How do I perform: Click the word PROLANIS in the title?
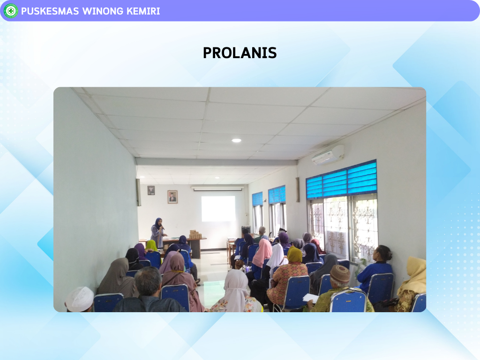point(240,53)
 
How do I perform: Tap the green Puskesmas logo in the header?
point(11,11)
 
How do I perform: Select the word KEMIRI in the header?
point(143,11)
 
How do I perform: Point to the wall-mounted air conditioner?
point(328,155)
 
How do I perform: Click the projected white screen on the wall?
point(218,209)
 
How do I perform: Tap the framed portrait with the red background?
point(172,197)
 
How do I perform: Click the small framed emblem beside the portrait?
point(151,190)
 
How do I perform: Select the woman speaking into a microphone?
point(157,232)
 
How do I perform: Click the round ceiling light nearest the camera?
point(236,141)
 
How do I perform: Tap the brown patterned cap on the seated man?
point(340,274)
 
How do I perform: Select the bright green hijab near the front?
point(151,246)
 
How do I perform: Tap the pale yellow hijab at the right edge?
point(414,276)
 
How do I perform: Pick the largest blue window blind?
point(342,180)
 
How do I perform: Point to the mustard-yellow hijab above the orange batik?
point(294,255)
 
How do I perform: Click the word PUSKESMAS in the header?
point(50,11)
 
